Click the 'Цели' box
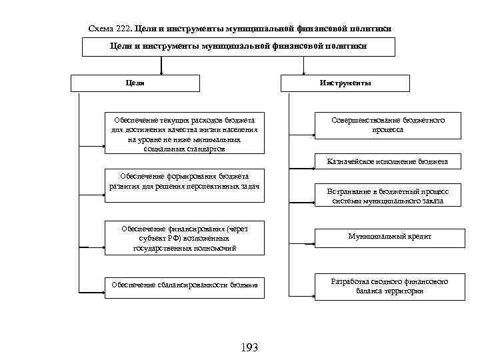click(135, 83)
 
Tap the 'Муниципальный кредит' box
click(390, 237)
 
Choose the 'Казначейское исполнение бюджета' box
click(387, 162)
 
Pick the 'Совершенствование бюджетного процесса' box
click(387, 125)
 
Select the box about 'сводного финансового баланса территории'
click(390, 286)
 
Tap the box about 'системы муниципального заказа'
click(387, 196)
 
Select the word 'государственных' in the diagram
click(163, 247)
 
